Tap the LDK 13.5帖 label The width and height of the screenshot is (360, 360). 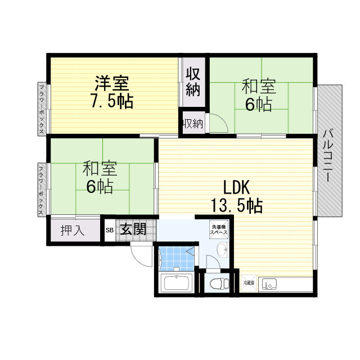236,196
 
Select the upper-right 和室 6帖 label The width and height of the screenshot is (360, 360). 259,96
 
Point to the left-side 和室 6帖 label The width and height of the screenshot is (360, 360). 100,177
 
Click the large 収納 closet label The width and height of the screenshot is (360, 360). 193,82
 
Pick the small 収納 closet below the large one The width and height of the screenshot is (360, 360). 192,124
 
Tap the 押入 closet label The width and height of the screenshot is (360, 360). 73,231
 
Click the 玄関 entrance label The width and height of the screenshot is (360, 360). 133,229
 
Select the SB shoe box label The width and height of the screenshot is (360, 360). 109,230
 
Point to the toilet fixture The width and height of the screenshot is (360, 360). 216,282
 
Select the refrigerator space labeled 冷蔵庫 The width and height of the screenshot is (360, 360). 249,283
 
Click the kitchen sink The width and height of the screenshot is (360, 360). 268,284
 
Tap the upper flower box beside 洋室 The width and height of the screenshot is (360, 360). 42,109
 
